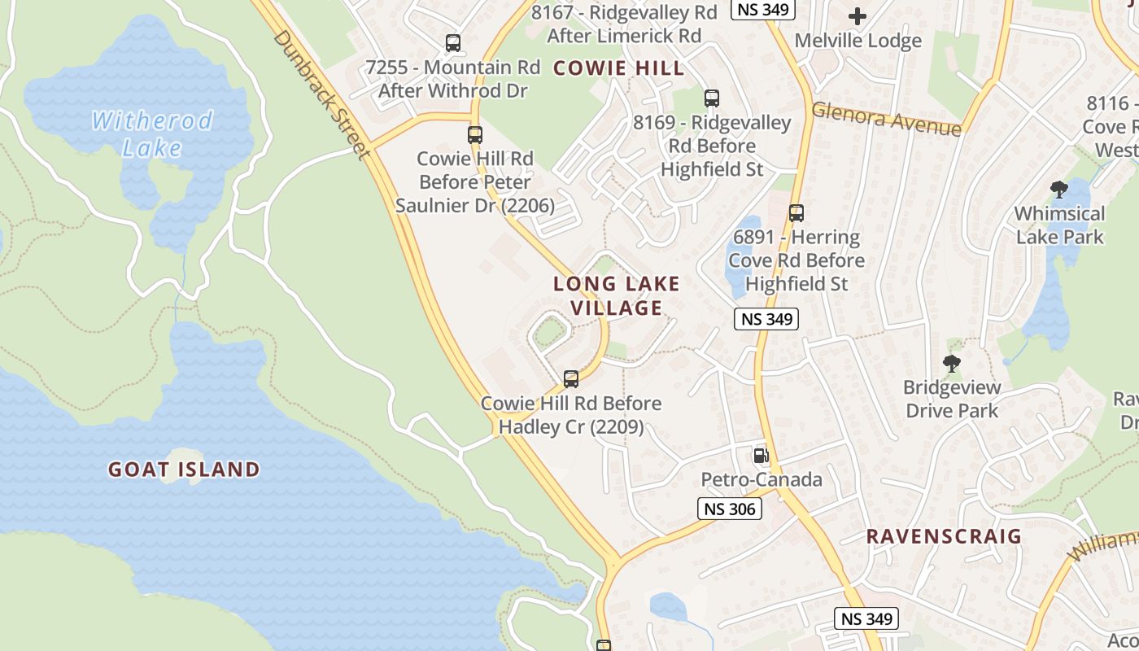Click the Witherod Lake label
point(151,134)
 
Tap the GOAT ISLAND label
point(184,469)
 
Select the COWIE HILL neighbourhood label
point(619,68)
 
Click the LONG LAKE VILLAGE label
point(617,296)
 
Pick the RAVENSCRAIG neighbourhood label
point(944,536)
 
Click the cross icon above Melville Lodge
point(858,16)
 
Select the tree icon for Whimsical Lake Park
point(1058,190)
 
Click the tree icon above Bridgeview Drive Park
point(951,364)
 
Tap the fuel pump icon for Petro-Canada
point(762,456)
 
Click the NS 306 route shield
point(730,509)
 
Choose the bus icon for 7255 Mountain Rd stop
point(453,43)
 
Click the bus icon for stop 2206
point(475,135)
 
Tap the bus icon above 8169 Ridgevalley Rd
point(712,98)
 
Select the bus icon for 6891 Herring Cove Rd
point(796,213)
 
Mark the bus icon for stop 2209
point(571,378)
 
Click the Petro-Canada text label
point(762,480)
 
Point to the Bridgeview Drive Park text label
point(952,399)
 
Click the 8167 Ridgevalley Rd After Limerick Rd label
point(624,24)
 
